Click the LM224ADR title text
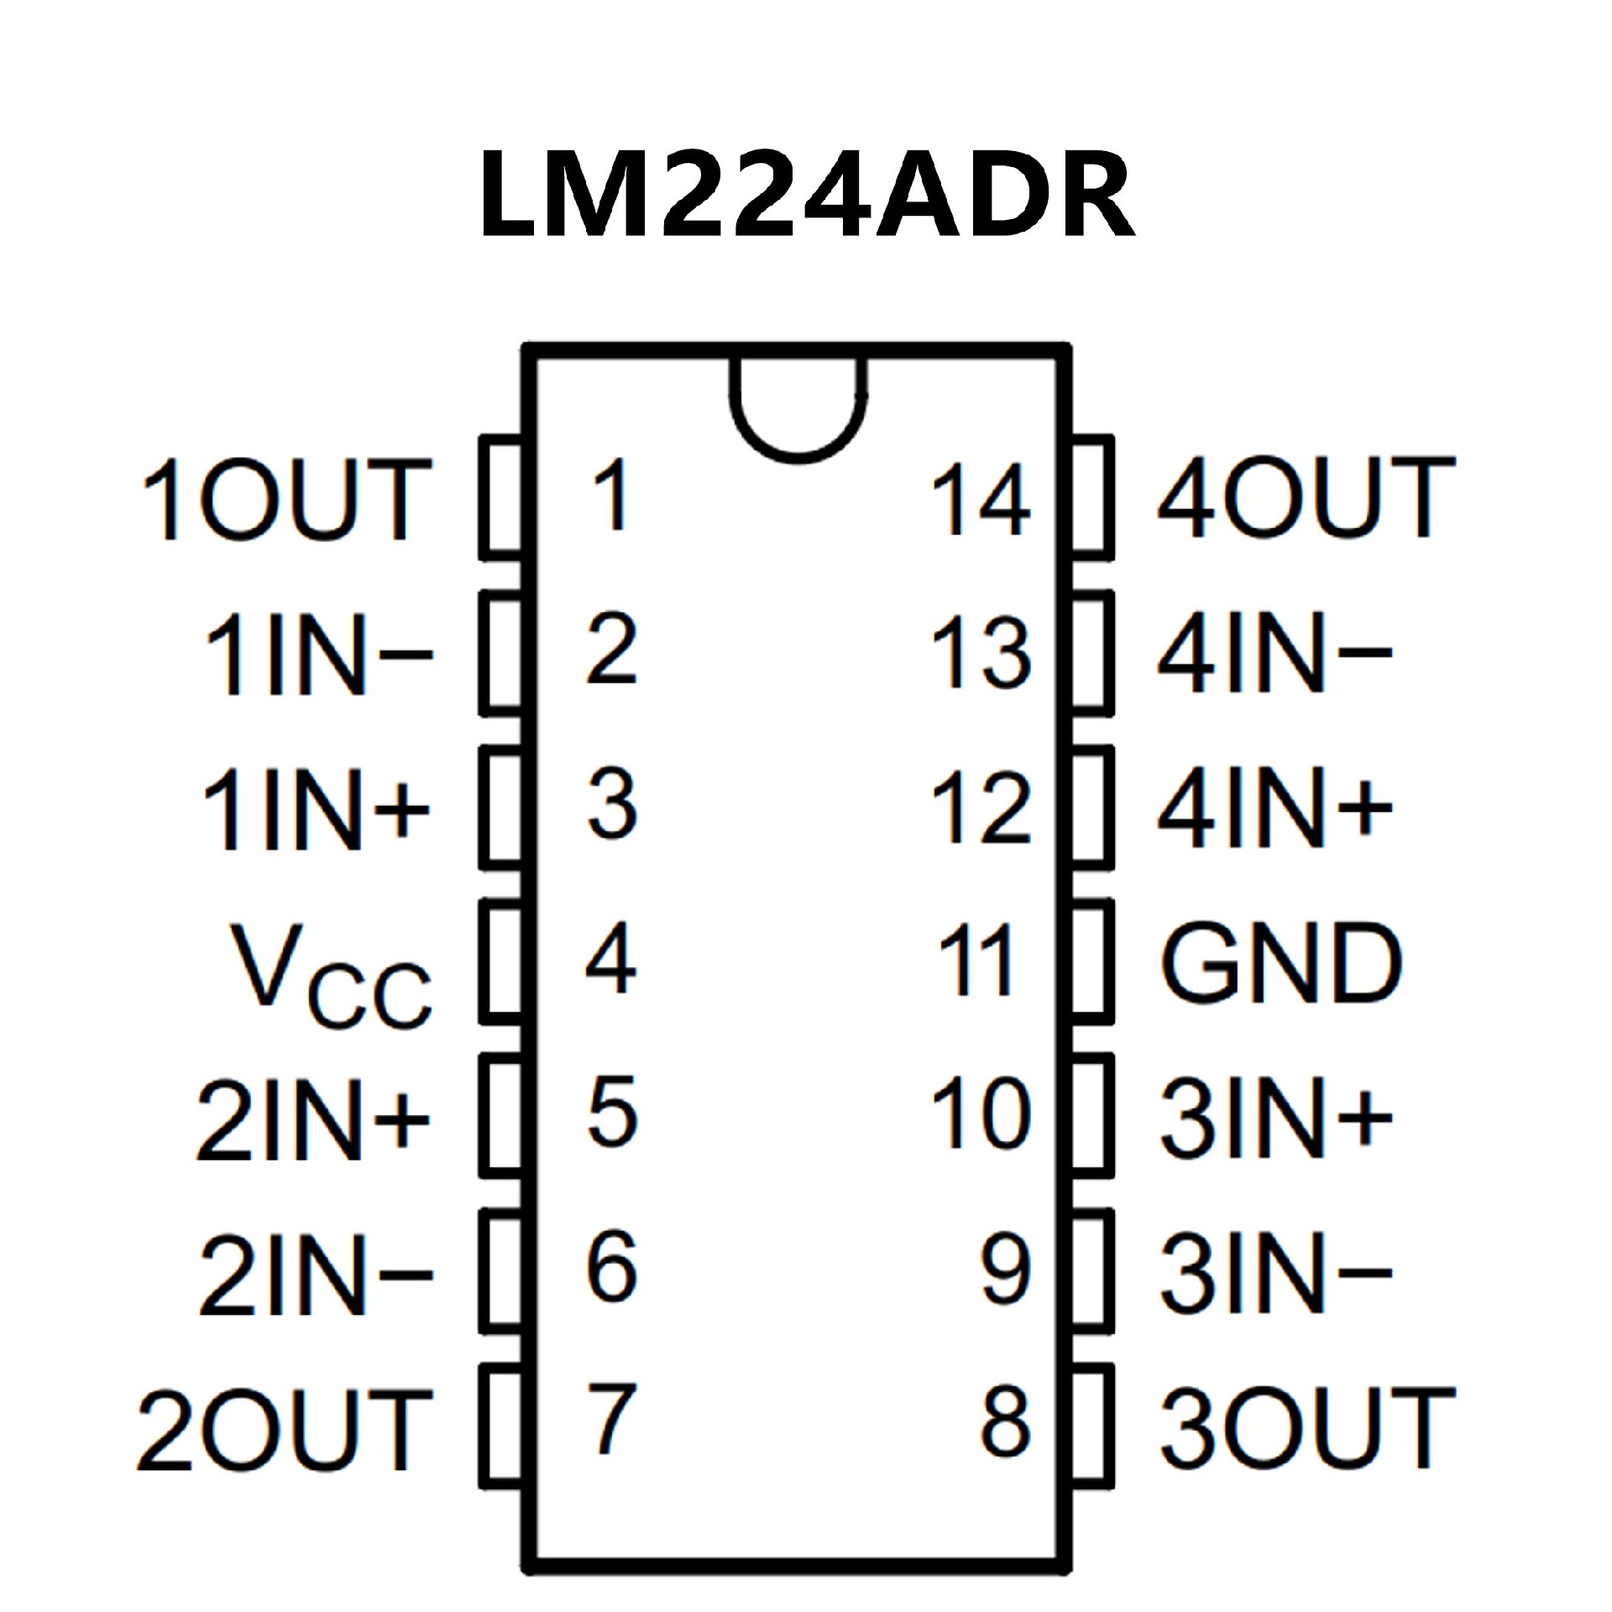click(x=806, y=195)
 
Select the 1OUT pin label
click(x=285, y=500)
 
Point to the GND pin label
click(x=1280, y=963)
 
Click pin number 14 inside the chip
click(x=980, y=500)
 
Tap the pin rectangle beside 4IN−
click(x=1092, y=653)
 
